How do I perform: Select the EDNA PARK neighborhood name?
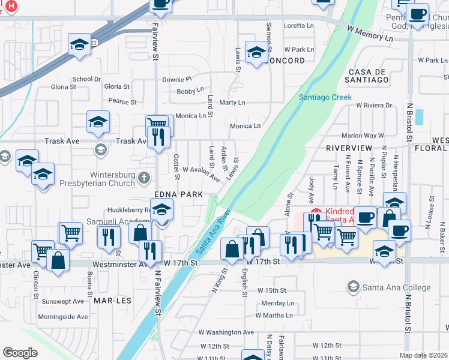click(x=177, y=194)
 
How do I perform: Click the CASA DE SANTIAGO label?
click(x=369, y=79)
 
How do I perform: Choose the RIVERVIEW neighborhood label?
click(x=350, y=148)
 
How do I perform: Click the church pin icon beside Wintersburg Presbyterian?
click(x=143, y=178)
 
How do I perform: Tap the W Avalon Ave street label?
click(x=201, y=174)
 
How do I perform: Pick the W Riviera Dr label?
click(x=373, y=105)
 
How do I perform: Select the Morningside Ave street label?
click(x=63, y=317)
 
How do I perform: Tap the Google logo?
click(x=20, y=352)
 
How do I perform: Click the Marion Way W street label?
click(x=363, y=136)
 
